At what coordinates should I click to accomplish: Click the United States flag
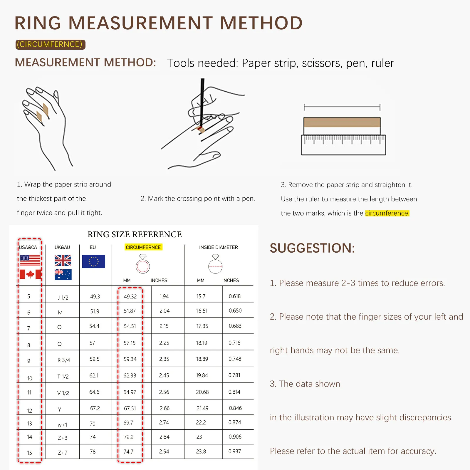(30, 260)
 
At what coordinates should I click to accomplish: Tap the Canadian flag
(30, 274)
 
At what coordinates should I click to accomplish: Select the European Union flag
(93, 261)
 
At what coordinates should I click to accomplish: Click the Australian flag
(63, 275)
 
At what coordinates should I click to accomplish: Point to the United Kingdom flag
(63, 260)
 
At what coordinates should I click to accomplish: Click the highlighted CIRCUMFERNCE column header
(143, 247)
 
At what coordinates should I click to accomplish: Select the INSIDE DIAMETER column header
(219, 247)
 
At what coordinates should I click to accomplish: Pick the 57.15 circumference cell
(130, 343)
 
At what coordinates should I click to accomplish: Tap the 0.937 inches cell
(235, 451)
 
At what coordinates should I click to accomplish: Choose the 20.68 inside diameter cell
(202, 392)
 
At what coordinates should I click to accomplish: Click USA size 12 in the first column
(30, 411)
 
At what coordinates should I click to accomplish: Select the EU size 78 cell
(93, 451)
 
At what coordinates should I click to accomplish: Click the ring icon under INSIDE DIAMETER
(215, 264)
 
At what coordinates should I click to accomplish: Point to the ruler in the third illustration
(343, 145)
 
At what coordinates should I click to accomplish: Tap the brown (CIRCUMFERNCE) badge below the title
(50, 44)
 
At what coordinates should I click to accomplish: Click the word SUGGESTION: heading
(313, 248)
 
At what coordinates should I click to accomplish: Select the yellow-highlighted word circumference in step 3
(387, 213)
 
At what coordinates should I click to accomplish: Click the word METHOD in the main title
(261, 23)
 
